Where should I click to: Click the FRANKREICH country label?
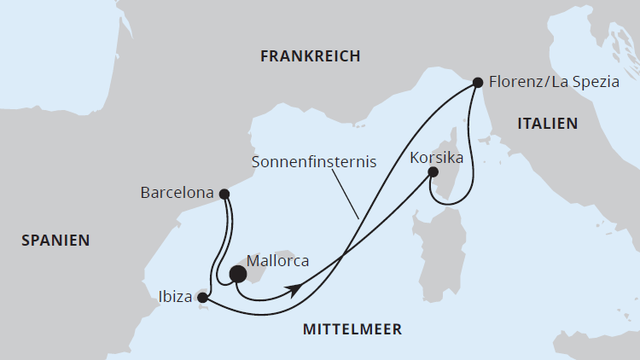click(x=310, y=56)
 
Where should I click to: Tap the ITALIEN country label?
click(x=547, y=124)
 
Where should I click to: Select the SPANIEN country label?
click(x=55, y=241)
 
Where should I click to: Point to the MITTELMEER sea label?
click(x=352, y=329)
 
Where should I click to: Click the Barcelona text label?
click(x=177, y=194)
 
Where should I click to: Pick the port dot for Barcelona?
click(x=224, y=194)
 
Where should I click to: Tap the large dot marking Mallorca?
click(x=237, y=274)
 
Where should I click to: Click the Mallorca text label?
click(x=277, y=261)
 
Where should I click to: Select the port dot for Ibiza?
click(x=201, y=298)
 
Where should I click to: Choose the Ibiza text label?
click(x=175, y=298)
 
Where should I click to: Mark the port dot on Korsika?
click(x=433, y=171)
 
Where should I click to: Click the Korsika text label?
click(x=436, y=158)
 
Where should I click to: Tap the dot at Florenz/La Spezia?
click(x=479, y=83)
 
